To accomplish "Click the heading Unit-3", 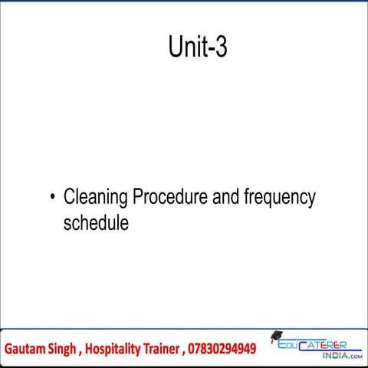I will coord(197,48).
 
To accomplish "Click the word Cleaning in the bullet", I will coord(96,198).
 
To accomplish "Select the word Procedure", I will coord(169,198).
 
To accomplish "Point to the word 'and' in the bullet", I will coord(225,198).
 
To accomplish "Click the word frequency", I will coord(280,199).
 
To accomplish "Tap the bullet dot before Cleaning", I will coord(52,199).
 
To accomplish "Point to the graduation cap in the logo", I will coord(275,337).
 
